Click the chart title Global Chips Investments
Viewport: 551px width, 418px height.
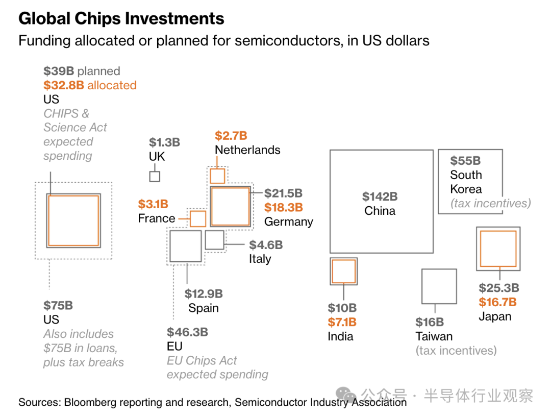coord(121,19)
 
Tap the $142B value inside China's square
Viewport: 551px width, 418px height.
coord(380,196)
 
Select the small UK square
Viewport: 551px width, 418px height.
coord(155,177)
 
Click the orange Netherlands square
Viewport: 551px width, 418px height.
coord(218,176)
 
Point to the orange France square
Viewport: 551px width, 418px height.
coord(198,218)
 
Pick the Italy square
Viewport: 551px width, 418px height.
coord(214,240)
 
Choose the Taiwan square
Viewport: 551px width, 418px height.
coord(439,286)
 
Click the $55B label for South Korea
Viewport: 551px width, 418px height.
coord(465,161)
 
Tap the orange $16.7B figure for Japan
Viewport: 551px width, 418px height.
coord(497,302)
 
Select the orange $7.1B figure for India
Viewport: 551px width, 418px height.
coord(342,322)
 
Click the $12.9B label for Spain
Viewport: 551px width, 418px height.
coord(204,294)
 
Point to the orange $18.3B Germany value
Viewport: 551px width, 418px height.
coord(283,207)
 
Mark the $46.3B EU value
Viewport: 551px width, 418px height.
coord(187,332)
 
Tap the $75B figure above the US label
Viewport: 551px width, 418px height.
coord(58,306)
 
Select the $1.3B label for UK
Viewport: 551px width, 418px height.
coord(164,142)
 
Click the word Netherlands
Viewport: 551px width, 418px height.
coord(247,150)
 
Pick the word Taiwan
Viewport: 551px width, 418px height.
coord(434,336)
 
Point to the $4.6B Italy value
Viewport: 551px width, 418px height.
coord(266,245)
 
